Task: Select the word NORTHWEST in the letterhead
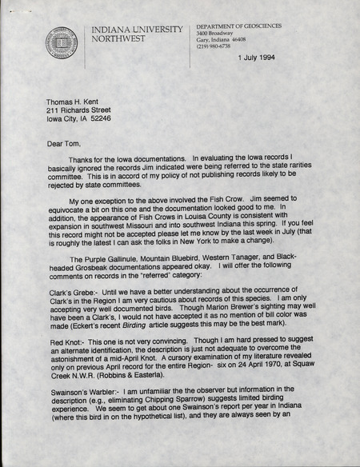tap(118, 38)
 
